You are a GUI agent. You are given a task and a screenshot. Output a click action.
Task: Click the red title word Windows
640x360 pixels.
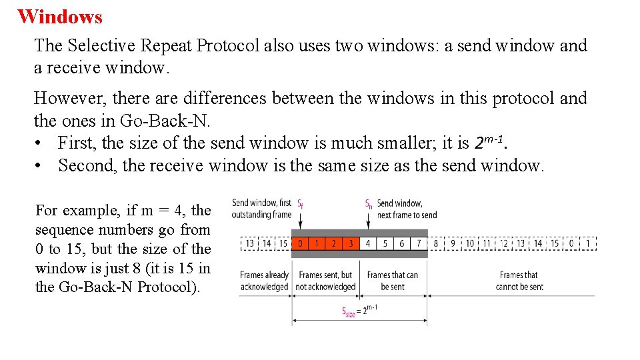click(x=60, y=16)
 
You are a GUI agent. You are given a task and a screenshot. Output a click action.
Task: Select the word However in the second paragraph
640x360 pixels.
click(x=68, y=98)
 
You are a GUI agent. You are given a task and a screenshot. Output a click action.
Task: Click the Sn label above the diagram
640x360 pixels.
click(x=369, y=203)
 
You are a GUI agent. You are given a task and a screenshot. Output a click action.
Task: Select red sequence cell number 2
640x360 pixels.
click(x=334, y=243)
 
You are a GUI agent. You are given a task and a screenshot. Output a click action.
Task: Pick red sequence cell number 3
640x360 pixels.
click(x=351, y=243)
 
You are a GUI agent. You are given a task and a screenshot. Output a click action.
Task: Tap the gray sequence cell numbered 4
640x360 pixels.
click(x=368, y=243)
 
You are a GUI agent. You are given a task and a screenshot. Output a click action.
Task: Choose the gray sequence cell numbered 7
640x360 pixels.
click(x=419, y=243)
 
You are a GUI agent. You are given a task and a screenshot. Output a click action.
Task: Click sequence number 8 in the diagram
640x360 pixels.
click(x=436, y=243)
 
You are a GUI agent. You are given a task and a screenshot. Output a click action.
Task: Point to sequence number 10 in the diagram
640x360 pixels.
click(x=470, y=243)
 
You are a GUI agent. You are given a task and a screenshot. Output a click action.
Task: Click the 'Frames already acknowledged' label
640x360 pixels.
click(x=264, y=281)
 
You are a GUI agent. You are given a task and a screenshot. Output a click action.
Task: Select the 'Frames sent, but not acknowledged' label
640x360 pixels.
click(x=326, y=281)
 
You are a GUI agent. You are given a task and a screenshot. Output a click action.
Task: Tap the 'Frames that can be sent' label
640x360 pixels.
click(x=393, y=281)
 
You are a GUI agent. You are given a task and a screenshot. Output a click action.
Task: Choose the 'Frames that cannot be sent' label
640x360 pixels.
click(x=519, y=281)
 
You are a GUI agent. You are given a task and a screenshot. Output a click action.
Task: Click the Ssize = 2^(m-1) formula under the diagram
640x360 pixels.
click(x=360, y=311)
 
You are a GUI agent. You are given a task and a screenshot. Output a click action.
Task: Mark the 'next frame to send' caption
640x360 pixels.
click(x=407, y=215)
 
